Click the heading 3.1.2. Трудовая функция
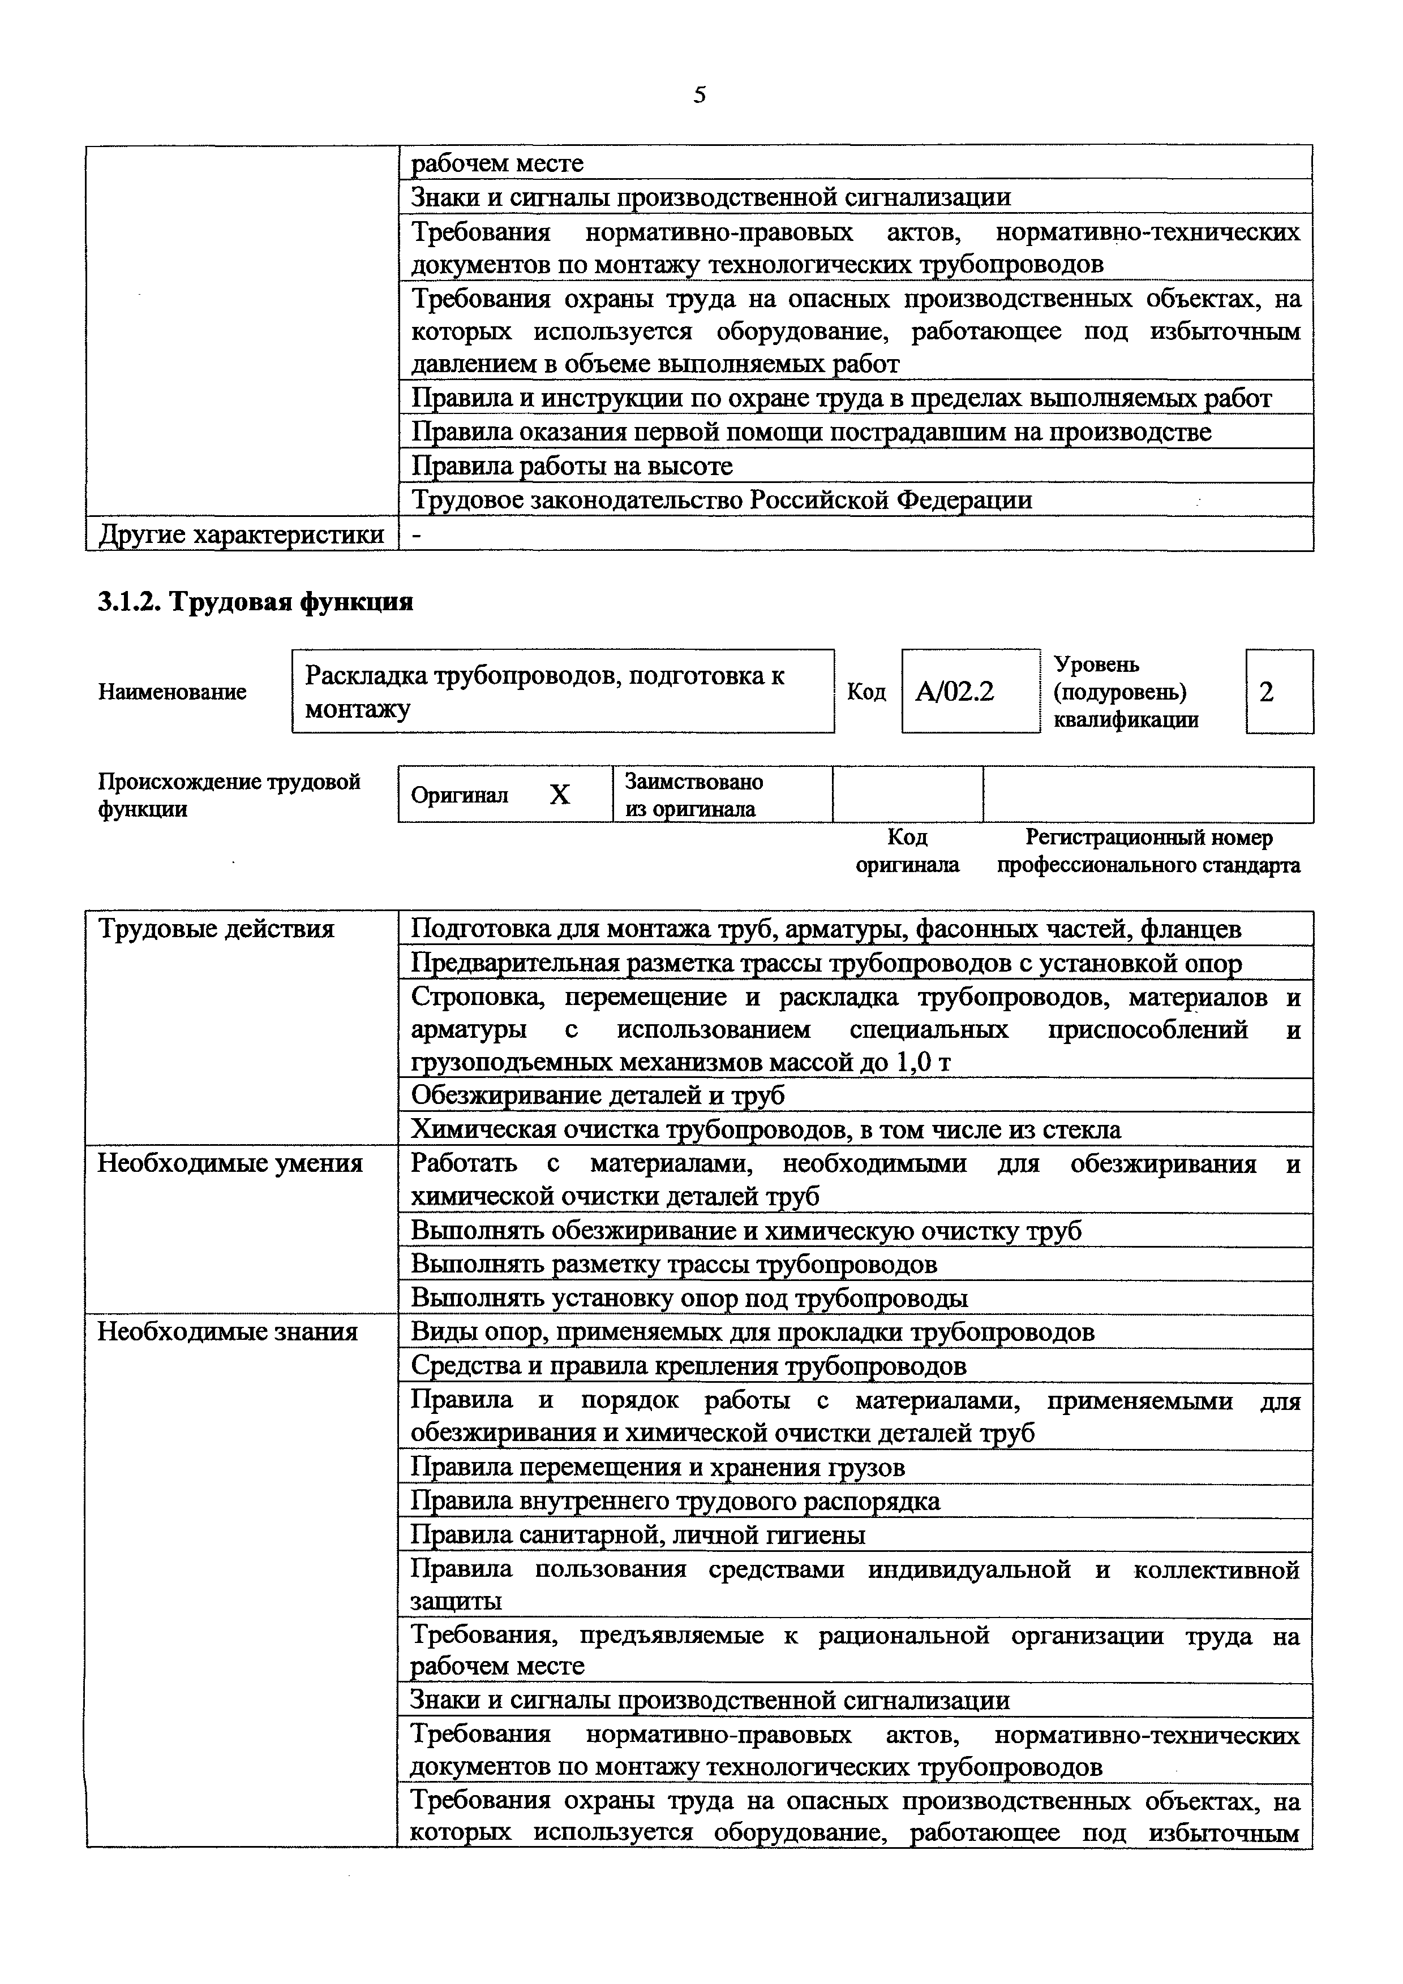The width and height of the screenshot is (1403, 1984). point(255,601)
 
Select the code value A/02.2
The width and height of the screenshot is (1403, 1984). point(954,691)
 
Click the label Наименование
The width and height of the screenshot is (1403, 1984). point(172,691)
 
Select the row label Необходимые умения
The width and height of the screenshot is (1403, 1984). point(229,1164)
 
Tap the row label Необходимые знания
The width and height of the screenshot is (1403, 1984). point(226,1331)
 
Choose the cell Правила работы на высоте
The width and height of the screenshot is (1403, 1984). point(572,467)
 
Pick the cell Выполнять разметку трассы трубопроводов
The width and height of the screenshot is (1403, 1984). point(673,1264)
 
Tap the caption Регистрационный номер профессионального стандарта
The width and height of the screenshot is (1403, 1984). point(1148,851)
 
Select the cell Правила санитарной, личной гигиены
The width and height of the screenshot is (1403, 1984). point(637,1535)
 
